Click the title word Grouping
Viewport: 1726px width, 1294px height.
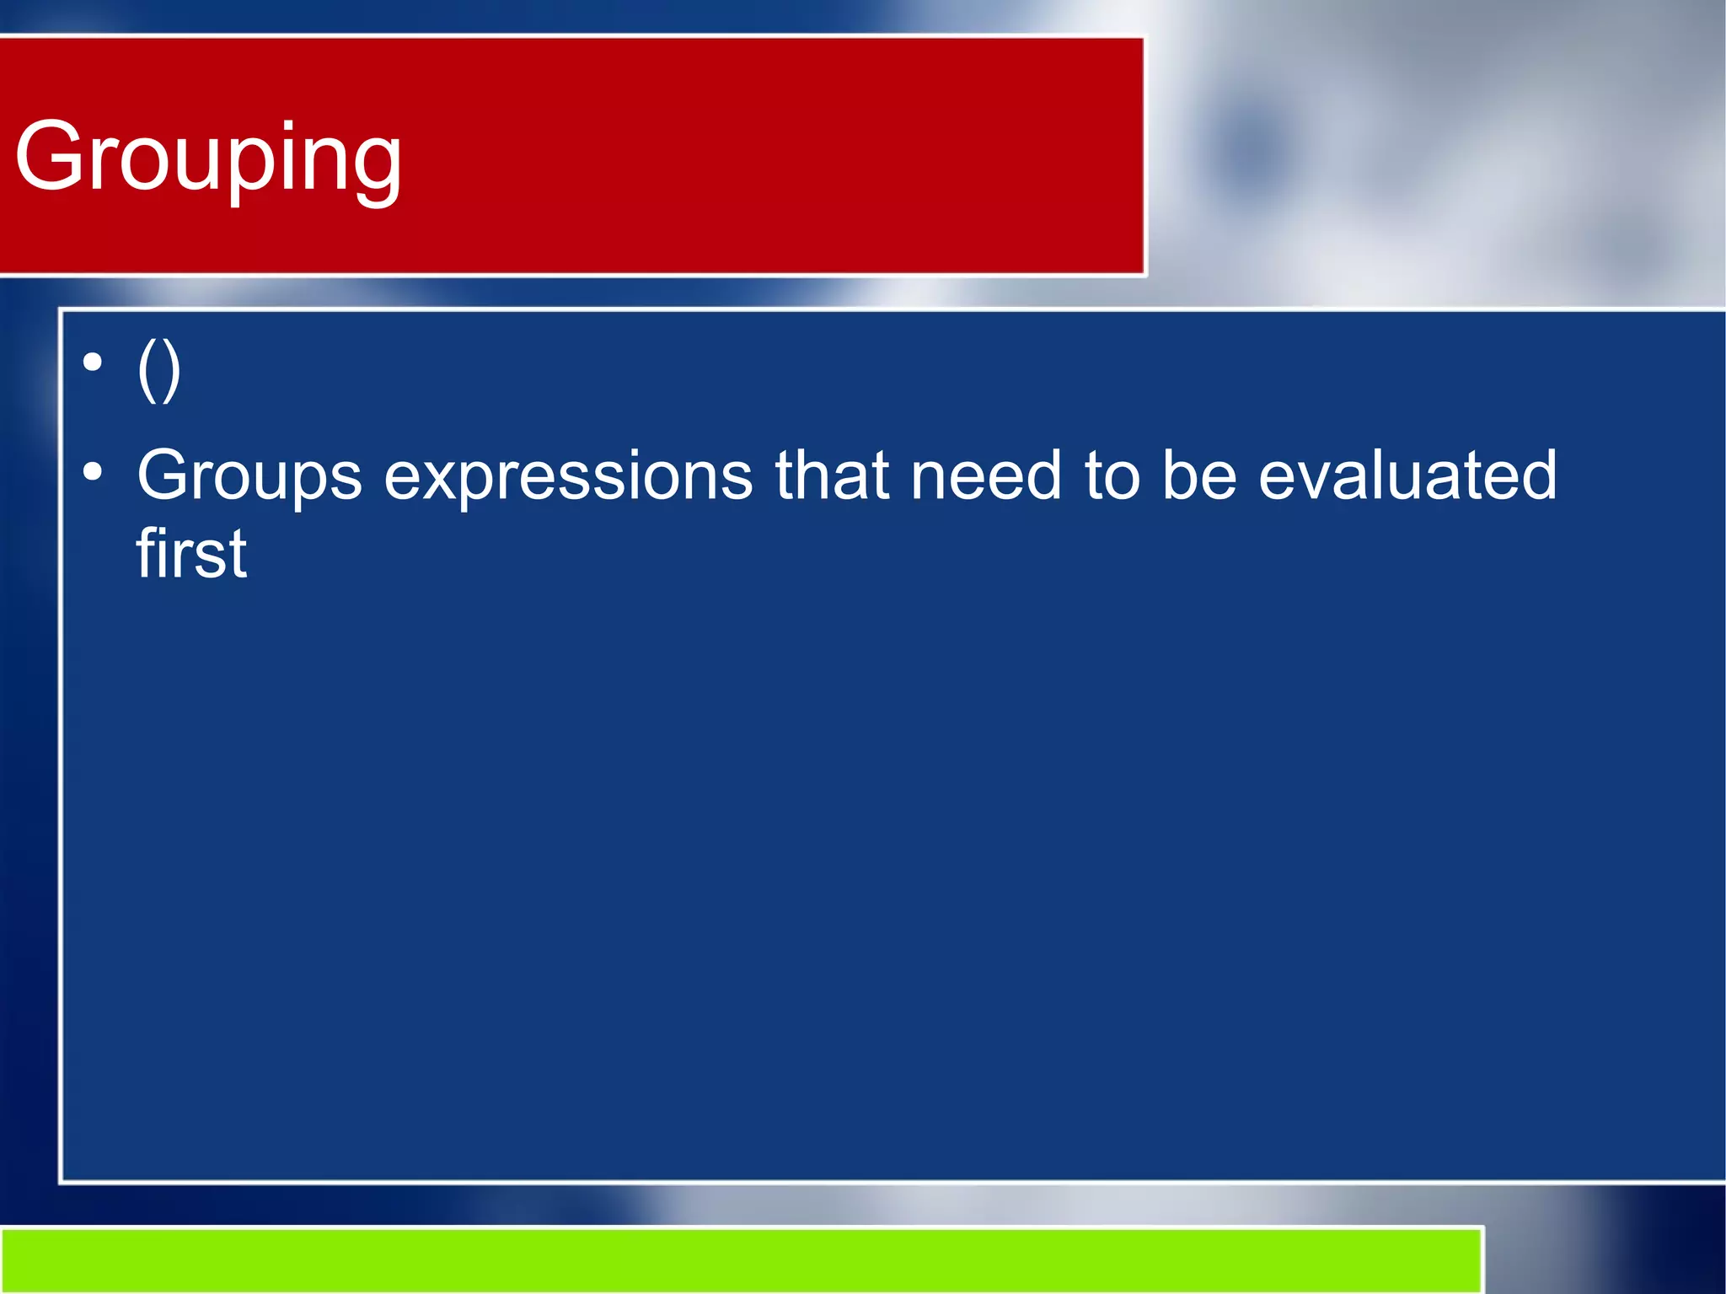tap(208, 158)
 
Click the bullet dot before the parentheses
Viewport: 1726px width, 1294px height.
tap(93, 363)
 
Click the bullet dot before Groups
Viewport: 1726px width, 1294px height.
tap(93, 471)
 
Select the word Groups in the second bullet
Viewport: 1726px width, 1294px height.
tap(249, 476)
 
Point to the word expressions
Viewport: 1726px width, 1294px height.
tap(568, 476)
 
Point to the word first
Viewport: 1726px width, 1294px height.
tap(191, 554)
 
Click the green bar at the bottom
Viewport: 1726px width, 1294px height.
tap(742, 1260)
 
